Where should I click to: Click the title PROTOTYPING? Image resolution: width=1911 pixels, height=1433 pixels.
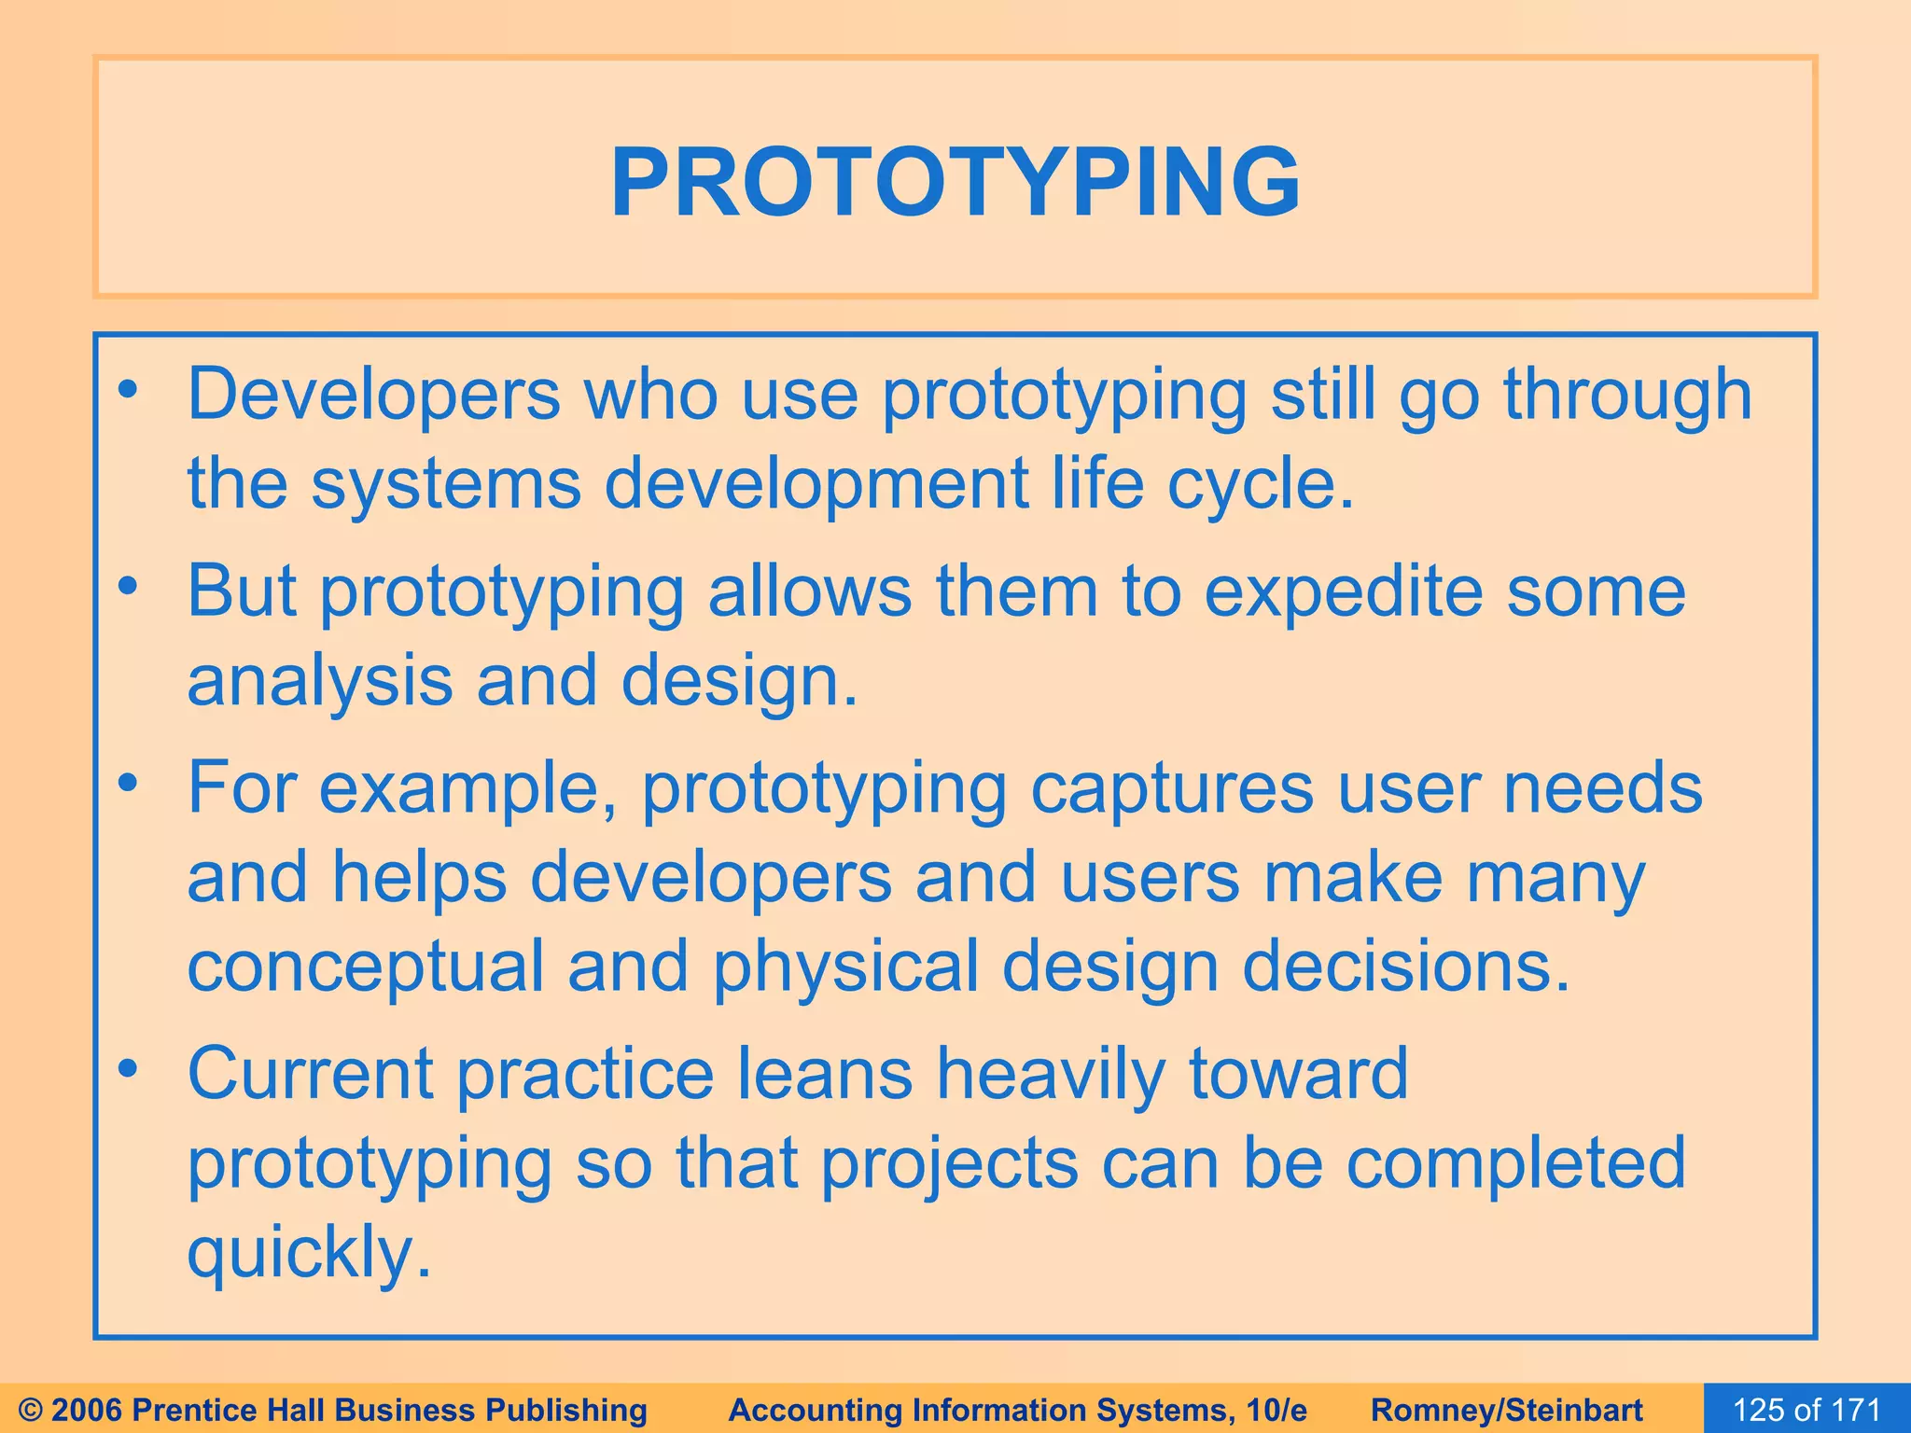(955, 182)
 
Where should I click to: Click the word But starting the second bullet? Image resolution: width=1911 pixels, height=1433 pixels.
(241, 591)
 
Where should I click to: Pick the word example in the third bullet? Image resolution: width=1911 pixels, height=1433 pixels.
(467, 789)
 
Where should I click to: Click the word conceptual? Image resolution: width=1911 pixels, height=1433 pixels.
(365, 967)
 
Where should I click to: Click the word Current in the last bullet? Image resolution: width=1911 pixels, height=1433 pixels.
(310, 1074)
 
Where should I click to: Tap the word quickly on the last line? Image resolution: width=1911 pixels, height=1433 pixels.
(309, 1254)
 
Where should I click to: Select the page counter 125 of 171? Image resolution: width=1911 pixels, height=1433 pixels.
(1806, 1410)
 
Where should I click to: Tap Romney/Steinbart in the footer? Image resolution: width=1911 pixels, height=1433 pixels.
(1506, 1410)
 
